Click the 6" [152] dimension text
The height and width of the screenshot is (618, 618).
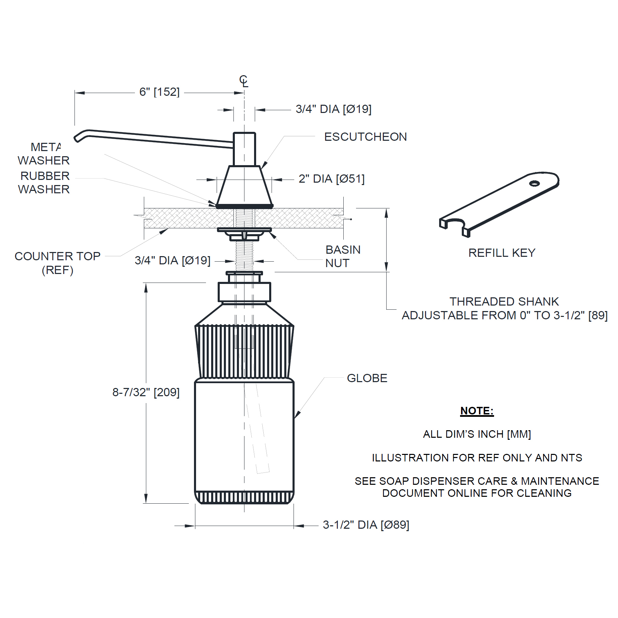tap(159, 92)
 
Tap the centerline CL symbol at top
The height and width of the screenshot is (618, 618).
tap(243, 81)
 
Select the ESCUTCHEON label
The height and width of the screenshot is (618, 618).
tap(365, 137)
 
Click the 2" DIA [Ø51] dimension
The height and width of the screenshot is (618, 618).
tap(331, 179)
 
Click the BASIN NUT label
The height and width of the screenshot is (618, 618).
tap(343, 256)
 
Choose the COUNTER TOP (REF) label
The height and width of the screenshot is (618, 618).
tap(57, 263)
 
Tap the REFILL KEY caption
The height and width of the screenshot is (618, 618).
tap(502, 253)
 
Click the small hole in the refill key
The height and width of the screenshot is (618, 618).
tap(534, 183)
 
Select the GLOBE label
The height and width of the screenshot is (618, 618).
tap(367, 378)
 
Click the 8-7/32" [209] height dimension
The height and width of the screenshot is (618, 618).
tap(146, 392)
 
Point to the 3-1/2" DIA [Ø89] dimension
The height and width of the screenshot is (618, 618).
tap(366, 525)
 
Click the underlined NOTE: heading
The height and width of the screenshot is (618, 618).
tap(477, 411)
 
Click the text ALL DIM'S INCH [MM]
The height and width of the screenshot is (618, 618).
tap(477, 434)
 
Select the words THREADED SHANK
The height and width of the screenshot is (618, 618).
tap(504, 301)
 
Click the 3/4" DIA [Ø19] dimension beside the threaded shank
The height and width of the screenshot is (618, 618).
tap(172, 260)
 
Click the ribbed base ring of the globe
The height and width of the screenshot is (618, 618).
tap(244, 497)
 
